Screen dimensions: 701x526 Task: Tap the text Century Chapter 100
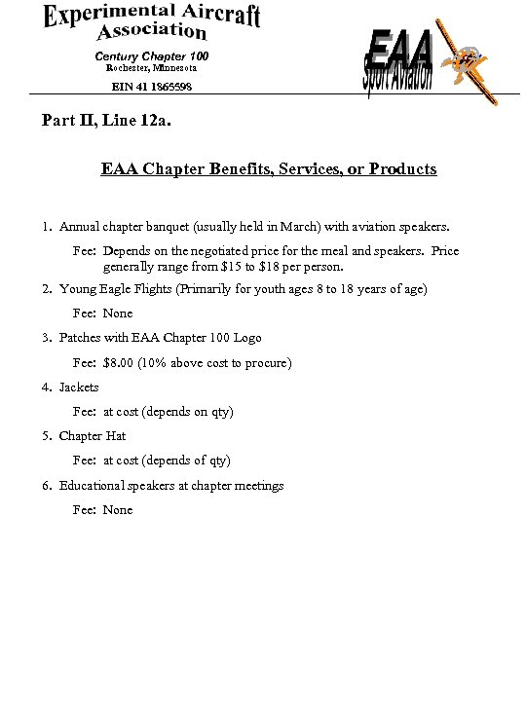point(151,56)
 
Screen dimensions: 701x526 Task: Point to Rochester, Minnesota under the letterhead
point(151,68)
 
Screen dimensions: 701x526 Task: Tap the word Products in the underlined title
point(402,169)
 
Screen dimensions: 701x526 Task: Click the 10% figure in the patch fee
point(154,363)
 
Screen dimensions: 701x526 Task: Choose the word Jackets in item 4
point(79,387)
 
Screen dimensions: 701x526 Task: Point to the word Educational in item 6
point(92,486)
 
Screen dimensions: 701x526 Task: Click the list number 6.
point(46,486)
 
